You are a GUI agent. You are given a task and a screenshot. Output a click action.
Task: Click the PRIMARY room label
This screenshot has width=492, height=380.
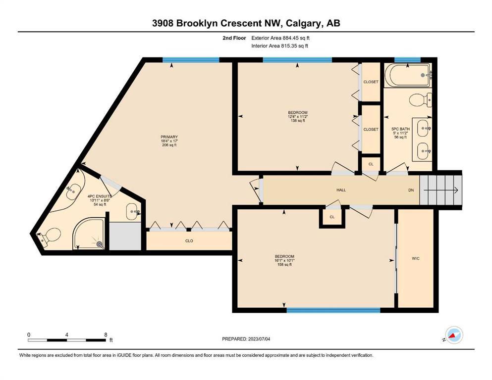point(169,137)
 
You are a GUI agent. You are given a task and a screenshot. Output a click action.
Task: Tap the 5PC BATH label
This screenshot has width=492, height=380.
point(401,129)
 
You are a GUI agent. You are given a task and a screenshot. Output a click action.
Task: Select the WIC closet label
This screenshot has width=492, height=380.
point(415,258)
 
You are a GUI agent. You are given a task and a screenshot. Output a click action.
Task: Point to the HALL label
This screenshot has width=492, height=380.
point(341,190)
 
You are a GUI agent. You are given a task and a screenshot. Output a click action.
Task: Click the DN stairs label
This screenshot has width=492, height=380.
point(411,190)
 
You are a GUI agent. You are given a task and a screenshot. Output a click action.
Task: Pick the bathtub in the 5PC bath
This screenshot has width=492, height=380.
point(408,75)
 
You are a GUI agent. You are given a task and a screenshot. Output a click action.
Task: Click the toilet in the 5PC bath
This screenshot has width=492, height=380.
point(421,100)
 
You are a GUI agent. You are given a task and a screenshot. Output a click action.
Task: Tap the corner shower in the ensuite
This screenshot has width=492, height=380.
point(89,234)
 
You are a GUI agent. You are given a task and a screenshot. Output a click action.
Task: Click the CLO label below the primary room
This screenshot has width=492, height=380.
point(189,241)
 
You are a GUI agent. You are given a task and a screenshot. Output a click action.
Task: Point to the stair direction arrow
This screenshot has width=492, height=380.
point(441,190)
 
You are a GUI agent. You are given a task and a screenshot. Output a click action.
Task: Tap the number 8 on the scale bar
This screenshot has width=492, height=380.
point(106,334)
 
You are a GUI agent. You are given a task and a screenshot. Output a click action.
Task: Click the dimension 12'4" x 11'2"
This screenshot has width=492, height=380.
point(297,117)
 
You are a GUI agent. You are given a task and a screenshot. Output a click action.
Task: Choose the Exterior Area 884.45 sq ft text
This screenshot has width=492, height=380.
point(280,38)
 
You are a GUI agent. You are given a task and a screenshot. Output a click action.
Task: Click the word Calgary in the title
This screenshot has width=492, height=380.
point(304,23)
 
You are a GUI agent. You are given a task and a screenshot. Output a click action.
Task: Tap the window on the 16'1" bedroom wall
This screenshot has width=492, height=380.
point(333,310)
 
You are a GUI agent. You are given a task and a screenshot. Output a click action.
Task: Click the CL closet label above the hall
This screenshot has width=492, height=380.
point(371,164)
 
